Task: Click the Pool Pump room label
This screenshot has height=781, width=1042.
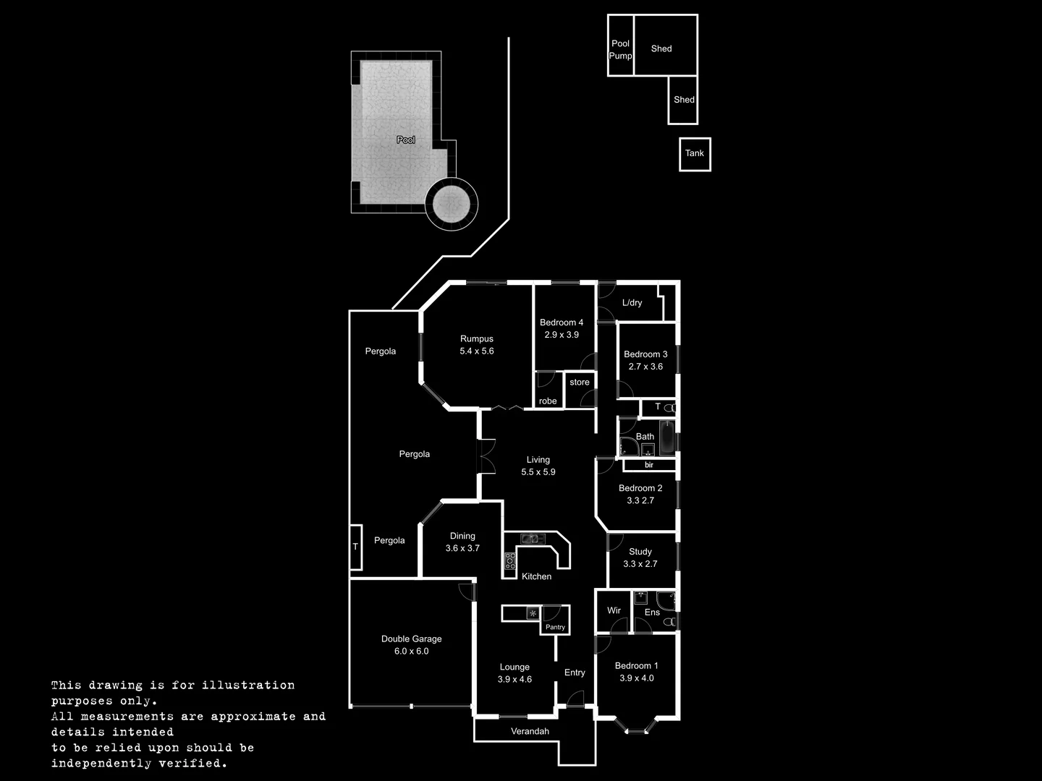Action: click(620, 49)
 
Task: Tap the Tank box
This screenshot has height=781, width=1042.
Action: click(695, 153)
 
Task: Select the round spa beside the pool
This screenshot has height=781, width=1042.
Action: click(451, 204)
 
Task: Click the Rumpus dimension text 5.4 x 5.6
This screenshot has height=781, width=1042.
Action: click(476, 351)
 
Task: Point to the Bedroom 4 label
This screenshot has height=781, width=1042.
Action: click(561, 323)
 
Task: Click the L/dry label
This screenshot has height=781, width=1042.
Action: click(632, 303)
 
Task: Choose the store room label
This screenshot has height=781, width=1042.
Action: click(579, 383)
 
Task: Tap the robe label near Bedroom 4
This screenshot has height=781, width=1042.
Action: click(548, 401)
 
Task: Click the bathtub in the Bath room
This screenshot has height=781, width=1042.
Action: click(666, 437)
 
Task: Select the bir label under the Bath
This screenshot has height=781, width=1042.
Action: click(649, 465)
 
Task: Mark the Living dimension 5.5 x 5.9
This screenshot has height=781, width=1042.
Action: click(538, 472)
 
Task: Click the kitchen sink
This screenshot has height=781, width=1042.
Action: click(532, 538)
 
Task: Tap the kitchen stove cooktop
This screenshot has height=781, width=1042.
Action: click(510, 560)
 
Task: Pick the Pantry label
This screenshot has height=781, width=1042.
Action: click(555, 627)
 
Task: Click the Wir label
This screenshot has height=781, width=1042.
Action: click(614, 610)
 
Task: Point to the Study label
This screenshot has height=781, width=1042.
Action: click(640, 552)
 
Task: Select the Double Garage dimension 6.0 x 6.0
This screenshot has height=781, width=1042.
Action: click(411, 652)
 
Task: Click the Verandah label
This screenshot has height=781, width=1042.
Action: click(530, 731)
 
